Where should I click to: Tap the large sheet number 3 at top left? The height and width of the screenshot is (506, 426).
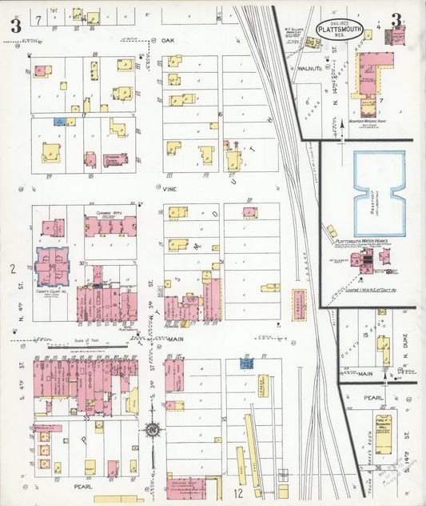point(15,25)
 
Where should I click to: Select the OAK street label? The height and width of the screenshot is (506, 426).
point(167,39)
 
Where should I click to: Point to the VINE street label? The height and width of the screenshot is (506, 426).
point(169,190)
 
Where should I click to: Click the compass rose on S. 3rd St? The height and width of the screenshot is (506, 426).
point(151,430)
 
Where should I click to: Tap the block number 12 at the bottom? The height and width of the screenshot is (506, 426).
point(238,492)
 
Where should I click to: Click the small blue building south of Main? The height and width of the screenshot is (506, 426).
point(246,363)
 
